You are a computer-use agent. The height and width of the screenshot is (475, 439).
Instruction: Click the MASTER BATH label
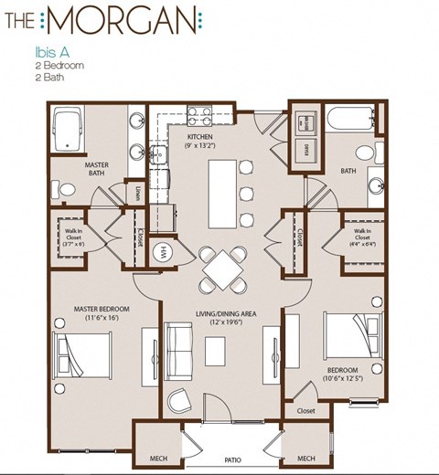pos(97,170)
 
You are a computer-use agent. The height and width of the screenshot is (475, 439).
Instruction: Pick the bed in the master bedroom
pos(81,353)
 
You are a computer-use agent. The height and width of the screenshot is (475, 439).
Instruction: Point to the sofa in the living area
pos(177,349)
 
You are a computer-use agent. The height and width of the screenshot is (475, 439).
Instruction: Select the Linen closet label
pos(136,192)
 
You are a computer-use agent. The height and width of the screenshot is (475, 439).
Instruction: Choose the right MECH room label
pos(305,457)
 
